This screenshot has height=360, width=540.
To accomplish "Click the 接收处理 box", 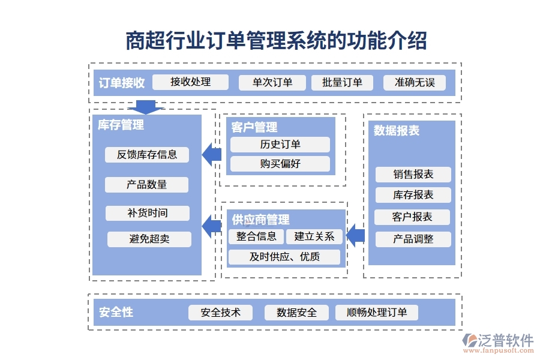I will pos(190,82).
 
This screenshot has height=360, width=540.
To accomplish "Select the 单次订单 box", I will pos(272,83).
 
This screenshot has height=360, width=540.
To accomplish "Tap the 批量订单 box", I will pos(342,83).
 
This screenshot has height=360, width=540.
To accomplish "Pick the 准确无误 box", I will pos(414,83).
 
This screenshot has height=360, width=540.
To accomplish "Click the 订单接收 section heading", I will pos(122,83).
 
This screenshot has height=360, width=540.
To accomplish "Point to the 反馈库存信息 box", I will pos(147,155).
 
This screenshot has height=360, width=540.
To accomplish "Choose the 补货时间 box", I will pos(147,213).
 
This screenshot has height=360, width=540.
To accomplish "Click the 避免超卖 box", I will pos(149,239).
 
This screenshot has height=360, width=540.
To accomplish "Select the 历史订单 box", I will pos(280,145).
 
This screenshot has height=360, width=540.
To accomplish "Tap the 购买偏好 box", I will pos(280,163).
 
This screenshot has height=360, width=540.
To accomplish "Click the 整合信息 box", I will pos(256,236).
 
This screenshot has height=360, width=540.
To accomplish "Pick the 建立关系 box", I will pos(314,236).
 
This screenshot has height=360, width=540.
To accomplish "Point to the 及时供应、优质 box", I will pos(284,257).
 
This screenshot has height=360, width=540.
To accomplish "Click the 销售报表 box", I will pos(413,175).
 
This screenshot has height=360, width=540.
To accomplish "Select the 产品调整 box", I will pos(413,239).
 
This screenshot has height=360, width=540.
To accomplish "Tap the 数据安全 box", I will pos(296,313).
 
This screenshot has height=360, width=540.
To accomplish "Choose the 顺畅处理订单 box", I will pos(376,313).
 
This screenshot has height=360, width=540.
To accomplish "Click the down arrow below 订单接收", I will pos(145,107).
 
